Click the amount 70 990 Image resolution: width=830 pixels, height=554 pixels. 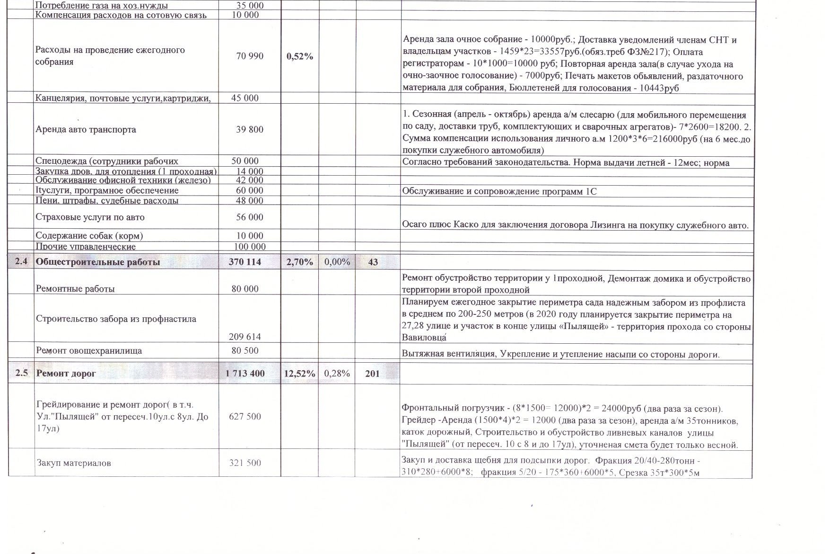point(249,56)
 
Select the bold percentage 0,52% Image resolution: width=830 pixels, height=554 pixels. point(300,56)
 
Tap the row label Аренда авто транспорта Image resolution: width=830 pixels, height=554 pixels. point(86,130)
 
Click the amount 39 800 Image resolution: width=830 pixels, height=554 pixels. point(249,130)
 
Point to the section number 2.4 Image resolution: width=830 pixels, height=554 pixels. point(21,262)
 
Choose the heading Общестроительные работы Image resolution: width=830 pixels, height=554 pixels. point(98,262)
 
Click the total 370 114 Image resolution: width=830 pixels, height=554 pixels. point(245,262)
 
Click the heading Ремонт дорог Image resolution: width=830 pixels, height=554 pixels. point(66,374)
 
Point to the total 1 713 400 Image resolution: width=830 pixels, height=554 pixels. point(245,374)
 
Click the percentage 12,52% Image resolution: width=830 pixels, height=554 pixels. point(299,374)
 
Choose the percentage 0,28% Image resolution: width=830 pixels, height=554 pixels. point(337,374)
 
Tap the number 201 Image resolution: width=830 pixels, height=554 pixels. point(372,374)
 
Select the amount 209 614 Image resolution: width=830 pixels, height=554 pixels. point(245,337)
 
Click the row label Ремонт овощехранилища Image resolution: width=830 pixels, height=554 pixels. point(89,351)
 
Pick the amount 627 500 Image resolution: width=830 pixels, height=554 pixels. point(245,416)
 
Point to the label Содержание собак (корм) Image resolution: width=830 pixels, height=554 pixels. point(89,236)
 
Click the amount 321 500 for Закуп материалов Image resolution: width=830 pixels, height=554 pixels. point(245,463)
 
